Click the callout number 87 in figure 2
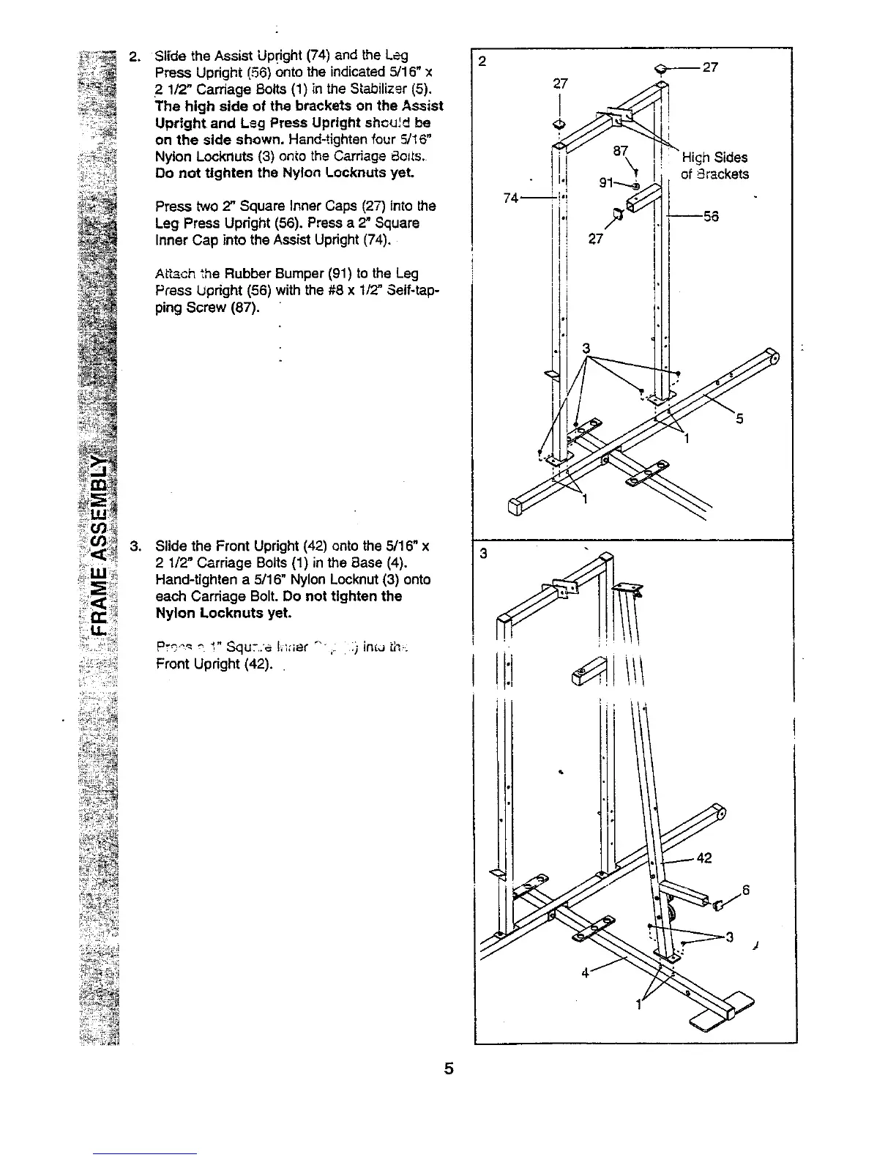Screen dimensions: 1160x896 [620, 151]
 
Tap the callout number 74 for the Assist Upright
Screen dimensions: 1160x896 [512, 198]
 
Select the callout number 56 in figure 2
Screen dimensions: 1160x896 [710, 217]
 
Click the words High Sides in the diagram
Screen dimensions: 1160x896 [714, 157]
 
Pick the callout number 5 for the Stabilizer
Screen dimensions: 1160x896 [739, 419]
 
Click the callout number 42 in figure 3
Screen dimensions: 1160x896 [704, 858]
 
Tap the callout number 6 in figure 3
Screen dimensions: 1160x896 [745, 891]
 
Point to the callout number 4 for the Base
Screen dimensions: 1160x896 [586, 973]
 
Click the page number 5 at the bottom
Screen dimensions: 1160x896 [449, 1068]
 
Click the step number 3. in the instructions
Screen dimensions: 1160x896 [135, 546]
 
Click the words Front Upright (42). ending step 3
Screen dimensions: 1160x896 [214, 664]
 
